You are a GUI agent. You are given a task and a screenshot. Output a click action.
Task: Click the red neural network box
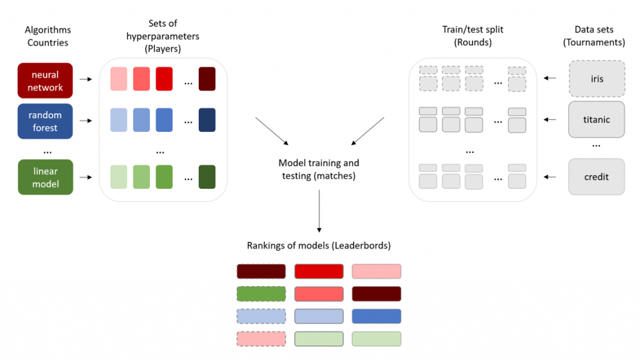point(46,81)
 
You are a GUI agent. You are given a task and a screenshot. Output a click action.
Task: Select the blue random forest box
point(46,121)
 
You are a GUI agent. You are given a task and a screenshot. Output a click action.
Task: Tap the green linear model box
point(46,177)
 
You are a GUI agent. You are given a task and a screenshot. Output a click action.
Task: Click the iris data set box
point(596,80)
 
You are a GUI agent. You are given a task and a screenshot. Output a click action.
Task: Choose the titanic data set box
point(596,119)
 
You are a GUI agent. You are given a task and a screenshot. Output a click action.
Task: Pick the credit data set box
point(596,177)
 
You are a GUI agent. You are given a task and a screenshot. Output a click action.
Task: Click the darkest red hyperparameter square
point(207,79)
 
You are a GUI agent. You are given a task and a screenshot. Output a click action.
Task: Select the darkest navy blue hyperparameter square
point(207,120)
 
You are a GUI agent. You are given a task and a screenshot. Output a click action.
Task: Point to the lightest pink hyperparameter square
point(119,79)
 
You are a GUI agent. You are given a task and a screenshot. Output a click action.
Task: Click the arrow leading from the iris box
point(550,79)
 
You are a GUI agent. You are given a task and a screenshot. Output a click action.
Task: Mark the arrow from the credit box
point(550,177)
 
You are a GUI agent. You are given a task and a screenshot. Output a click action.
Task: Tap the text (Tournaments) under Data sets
point(594,42)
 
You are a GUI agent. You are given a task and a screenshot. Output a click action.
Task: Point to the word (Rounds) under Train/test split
point(473,42)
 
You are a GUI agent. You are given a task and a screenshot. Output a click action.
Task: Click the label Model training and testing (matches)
point(319,169)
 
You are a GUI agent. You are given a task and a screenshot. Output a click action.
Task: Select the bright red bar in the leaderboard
point(319,271)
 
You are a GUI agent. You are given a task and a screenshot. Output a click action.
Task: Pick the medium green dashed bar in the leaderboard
point(261,294)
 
